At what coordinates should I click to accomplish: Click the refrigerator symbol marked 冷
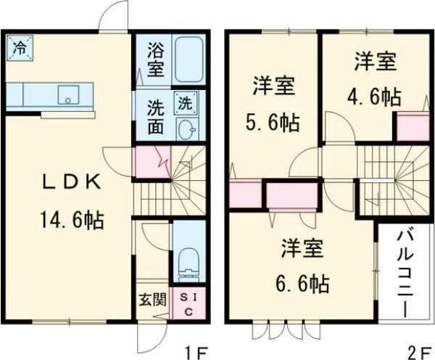(20, 49)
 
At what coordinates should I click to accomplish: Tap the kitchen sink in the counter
(70, 94)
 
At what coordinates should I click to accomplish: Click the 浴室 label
(156, 60)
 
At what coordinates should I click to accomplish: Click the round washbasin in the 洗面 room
(186, 131)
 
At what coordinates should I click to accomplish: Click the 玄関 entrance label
(153, 298)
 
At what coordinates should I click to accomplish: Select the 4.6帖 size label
(374, 97)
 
